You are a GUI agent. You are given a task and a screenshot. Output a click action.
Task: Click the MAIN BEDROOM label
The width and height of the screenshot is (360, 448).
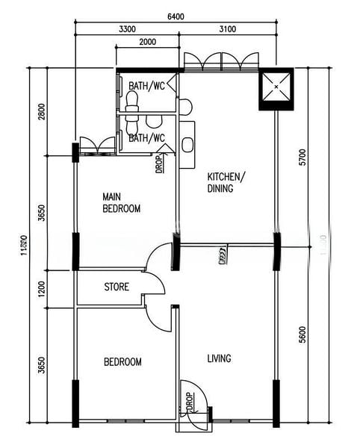[x=121, y=203]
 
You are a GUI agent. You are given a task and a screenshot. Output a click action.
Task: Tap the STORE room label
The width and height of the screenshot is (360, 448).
[x=116, y=287]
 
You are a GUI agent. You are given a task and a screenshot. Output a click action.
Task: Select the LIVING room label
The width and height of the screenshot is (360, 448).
[x=219, y=358]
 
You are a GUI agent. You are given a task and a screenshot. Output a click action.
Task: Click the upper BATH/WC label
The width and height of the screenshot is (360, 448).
[x=146, y=87]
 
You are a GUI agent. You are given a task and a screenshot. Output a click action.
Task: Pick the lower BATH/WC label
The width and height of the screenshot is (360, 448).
[x=146, y=139]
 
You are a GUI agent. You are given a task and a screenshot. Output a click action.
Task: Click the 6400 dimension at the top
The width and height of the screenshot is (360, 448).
[x=176, y=16]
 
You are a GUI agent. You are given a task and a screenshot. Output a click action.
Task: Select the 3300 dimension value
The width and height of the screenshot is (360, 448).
[x=127, y=30]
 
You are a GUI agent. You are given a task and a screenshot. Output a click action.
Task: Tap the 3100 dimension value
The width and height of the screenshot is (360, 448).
[x=228, y=30]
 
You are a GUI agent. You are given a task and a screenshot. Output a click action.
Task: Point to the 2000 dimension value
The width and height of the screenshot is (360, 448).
[x=148, y=43]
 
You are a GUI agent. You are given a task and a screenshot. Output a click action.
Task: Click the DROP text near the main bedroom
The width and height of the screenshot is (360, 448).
[x=159, y=164]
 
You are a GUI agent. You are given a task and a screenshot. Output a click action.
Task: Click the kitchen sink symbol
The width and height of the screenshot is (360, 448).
[x=187, y=144]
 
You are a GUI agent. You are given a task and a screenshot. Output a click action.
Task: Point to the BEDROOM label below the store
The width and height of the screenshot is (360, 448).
[x=122, y=362]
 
